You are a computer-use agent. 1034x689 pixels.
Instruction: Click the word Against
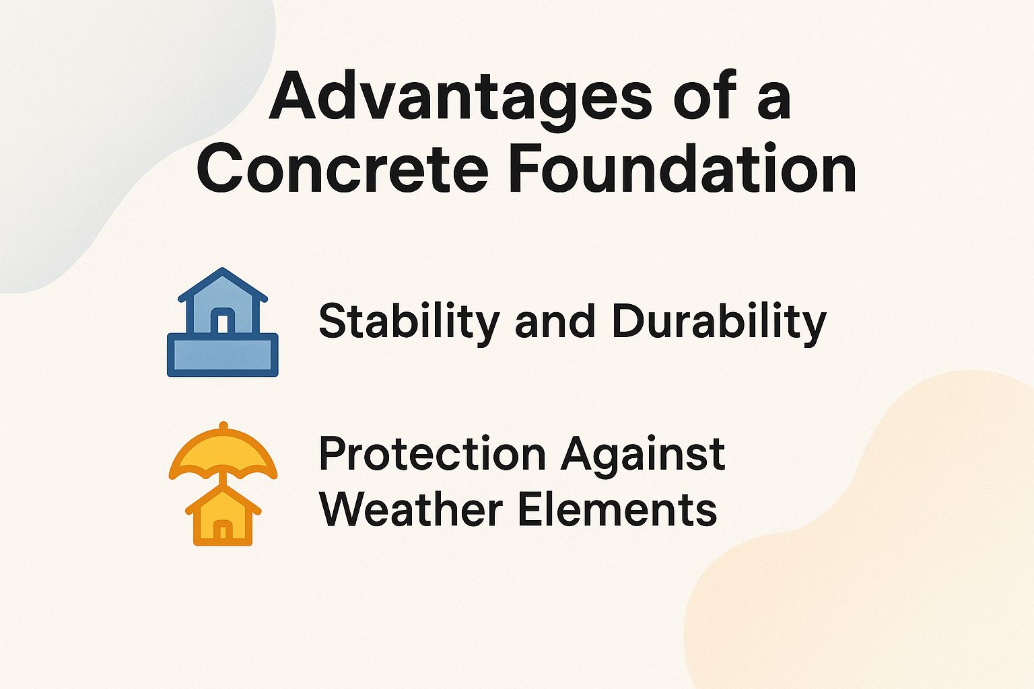643,455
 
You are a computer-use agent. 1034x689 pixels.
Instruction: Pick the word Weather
411,509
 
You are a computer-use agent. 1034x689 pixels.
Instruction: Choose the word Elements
617,509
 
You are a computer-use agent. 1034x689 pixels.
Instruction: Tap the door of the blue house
223,321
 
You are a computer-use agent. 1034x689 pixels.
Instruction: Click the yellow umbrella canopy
223,454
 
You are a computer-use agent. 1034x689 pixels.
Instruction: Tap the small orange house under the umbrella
223,517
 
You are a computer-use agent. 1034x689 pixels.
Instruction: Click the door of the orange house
223,532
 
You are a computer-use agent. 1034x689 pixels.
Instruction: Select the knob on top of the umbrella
223,425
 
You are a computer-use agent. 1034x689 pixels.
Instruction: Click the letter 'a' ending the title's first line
773,101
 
